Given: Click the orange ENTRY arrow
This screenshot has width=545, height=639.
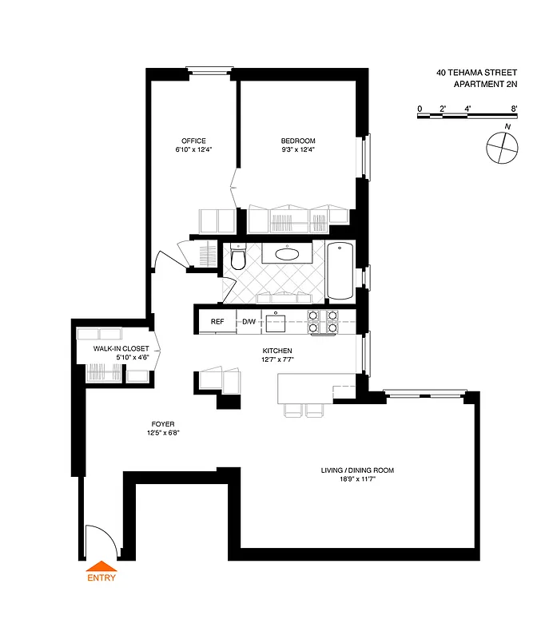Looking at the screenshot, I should click(x=101, y=568).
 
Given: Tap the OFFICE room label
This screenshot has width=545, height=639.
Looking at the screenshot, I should click(x=193, y=141).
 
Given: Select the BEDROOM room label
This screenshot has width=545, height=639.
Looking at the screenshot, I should click(x=297, y=141).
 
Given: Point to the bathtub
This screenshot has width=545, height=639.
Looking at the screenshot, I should click(x=340, y=270).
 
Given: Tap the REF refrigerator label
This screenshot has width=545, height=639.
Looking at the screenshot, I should click(x=217, y=322).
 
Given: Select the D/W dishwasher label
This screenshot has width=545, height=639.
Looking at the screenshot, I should click(x=249, y=322).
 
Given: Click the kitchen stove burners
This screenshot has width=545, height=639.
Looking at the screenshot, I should click(x=321, y=321).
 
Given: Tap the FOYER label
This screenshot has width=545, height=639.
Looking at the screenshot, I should click(x=162, y=424).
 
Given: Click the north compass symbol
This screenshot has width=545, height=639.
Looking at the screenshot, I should click(x=503, y=147).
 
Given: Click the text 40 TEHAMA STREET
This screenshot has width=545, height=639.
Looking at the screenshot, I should click(x=477, y=72).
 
